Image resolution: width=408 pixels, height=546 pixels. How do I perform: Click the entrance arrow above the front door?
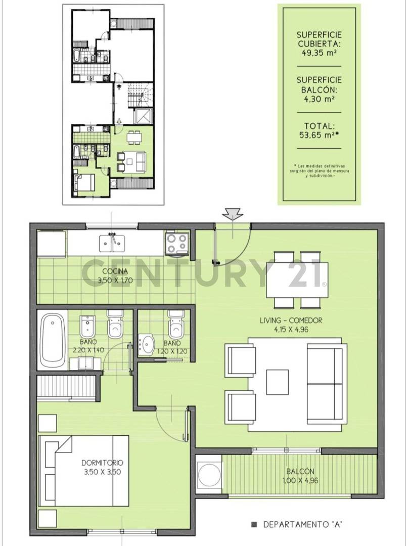[x=233, y=214]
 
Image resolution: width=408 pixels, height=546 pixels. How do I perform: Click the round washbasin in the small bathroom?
[x=147, y=344]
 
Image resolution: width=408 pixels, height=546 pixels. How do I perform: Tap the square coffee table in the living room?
[x=277, y=382]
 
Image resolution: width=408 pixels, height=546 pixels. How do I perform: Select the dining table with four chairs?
[x=297, y=280]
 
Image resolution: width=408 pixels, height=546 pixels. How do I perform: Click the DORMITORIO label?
[x=103, y=463]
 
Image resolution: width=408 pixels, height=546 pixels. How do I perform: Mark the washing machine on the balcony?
[x=209, y=474]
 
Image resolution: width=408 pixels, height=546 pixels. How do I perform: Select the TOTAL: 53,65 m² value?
[x=320, y=134]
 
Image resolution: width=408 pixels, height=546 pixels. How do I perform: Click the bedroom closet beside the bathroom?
[x=66, y=387]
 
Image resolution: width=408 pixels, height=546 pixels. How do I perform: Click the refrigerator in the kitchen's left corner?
[x=51, y=244]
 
